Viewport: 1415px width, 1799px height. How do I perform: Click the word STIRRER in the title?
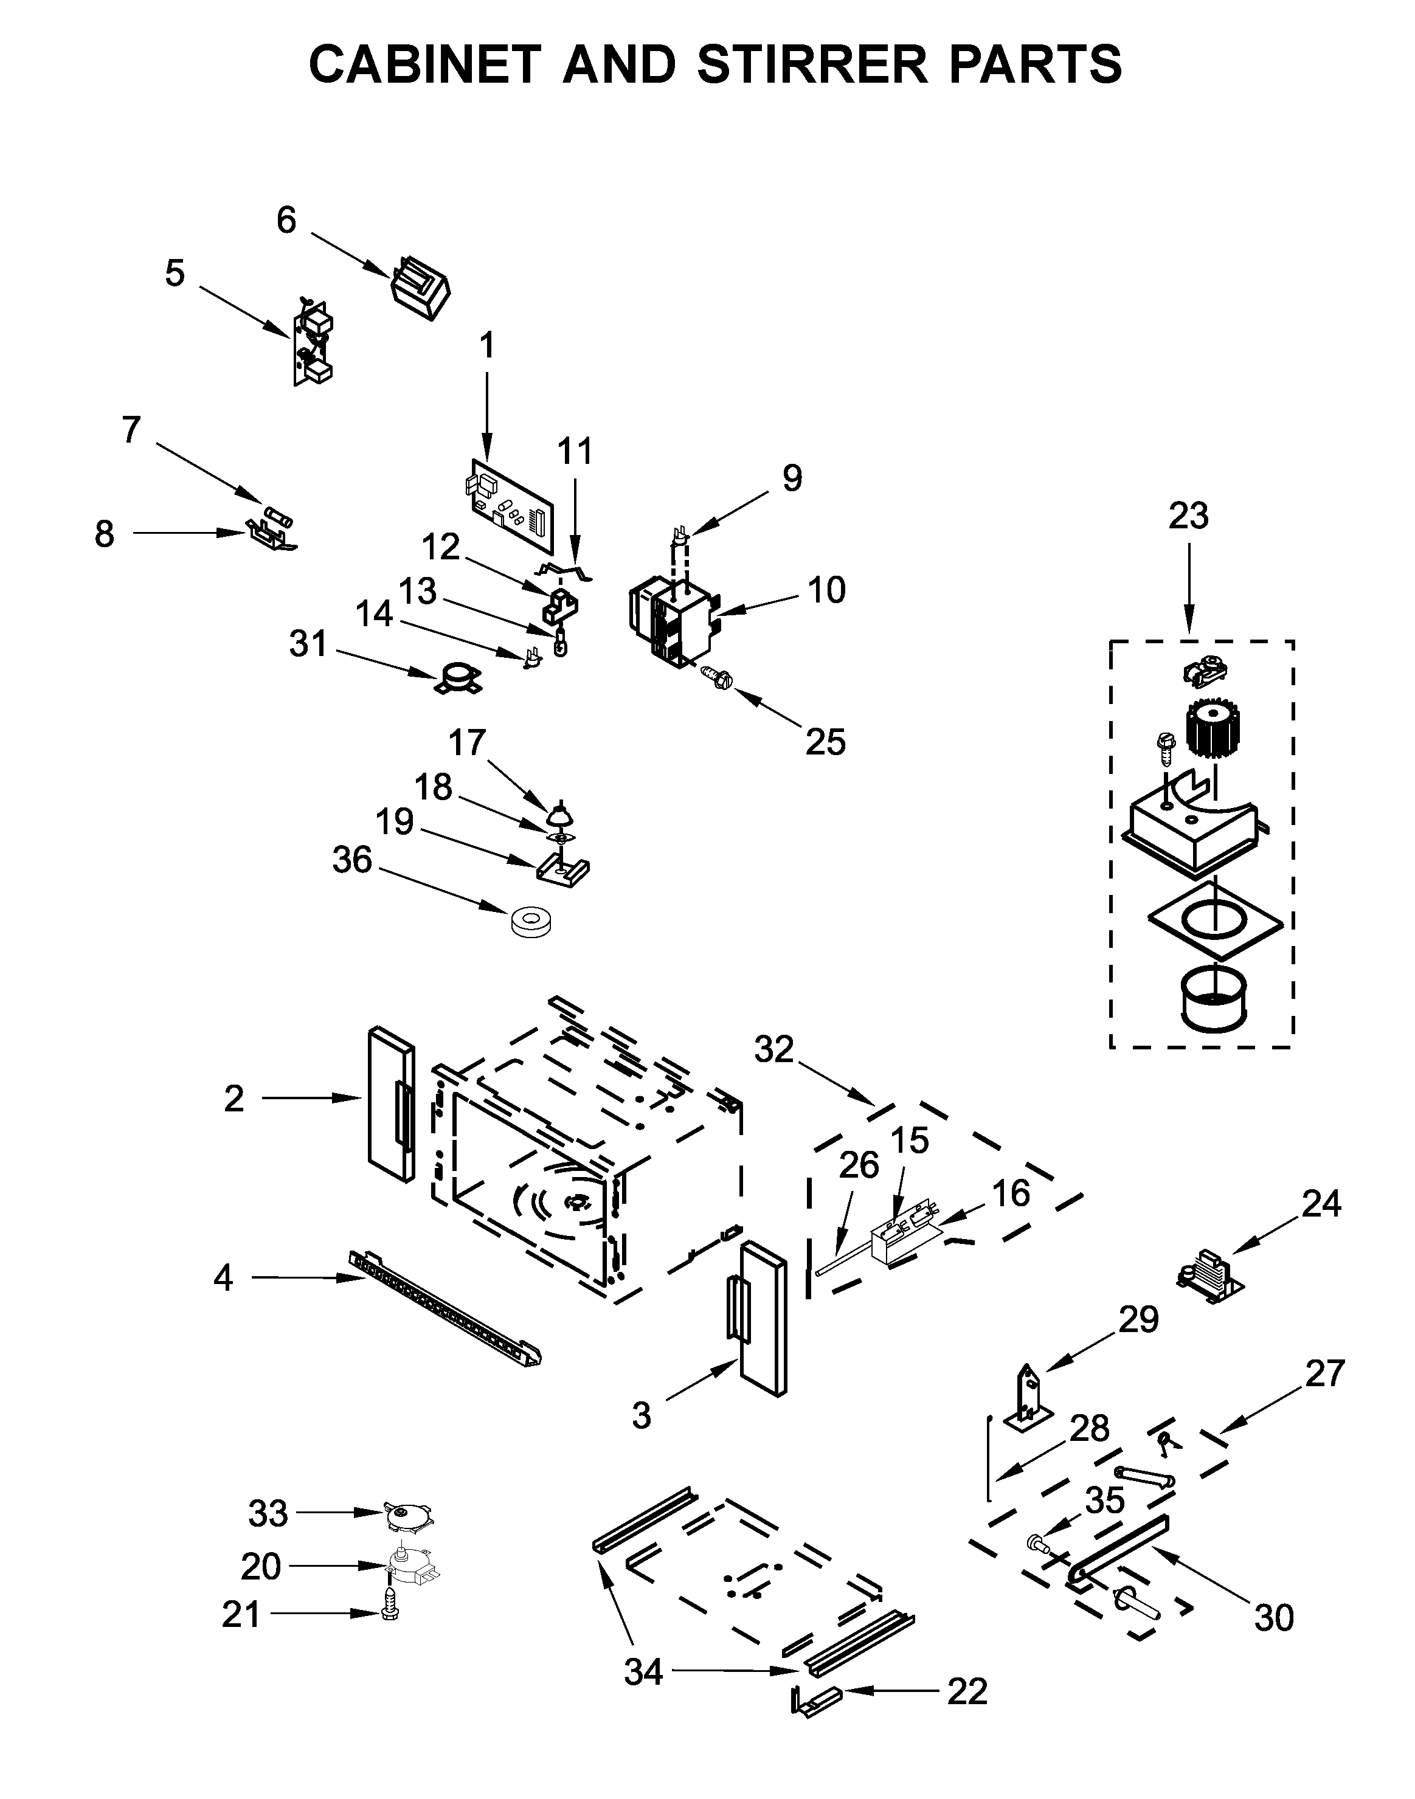click(812, 64)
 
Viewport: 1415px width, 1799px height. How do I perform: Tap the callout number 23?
click(1188, 516)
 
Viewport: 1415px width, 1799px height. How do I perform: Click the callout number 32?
click(773, 1049)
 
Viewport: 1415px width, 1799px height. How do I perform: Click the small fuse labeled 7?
click(277, 516)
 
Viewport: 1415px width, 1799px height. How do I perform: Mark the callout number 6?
click(286, 220)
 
